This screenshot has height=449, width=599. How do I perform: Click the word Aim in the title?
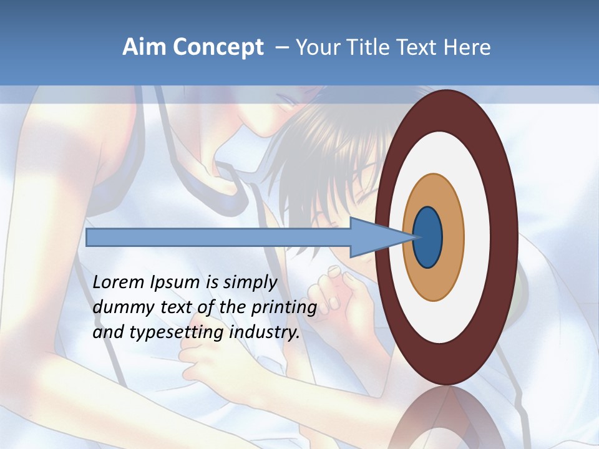[x=144, y=47]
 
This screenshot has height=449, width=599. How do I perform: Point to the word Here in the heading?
[x=467, y=47]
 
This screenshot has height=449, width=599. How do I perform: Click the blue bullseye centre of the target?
[x=428, y=238]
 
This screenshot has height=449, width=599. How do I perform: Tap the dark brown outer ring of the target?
[x=505, y=238]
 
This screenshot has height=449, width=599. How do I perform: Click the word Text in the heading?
[x=414, y=47]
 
